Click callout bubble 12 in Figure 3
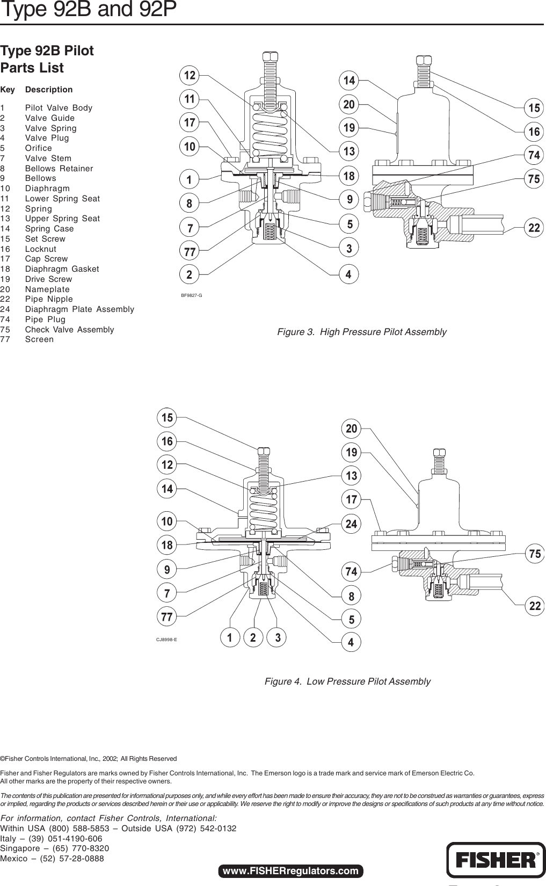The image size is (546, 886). (190, 76)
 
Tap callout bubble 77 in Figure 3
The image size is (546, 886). (190, 251)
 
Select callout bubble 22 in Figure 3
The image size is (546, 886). (534, 228)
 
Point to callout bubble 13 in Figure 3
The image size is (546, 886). (350, 151)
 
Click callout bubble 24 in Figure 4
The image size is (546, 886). (351, 523)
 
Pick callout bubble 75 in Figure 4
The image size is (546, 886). (535, 554)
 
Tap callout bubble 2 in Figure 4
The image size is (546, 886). (253, 638)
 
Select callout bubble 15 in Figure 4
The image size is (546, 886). (168, 417)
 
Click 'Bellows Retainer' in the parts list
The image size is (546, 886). (59, 169)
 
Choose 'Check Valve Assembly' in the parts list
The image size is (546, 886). (69, 330)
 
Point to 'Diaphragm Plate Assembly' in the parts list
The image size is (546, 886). (79, 309)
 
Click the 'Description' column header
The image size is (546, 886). (49, 90)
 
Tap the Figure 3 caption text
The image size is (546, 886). (361, 332)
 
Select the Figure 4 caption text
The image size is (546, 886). (347, 681)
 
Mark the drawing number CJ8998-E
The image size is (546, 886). (166, 640)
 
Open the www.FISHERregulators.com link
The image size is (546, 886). (290, 870)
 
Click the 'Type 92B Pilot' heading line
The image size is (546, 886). (47, 51)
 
